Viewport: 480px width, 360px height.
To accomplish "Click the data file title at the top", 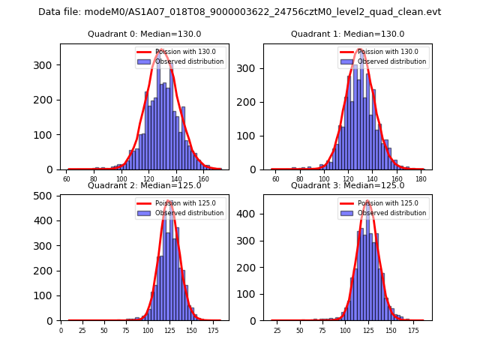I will [240, 12].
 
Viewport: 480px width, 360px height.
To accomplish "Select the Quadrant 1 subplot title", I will [347, 34].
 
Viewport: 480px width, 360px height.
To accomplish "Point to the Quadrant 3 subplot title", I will [347, 185].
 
